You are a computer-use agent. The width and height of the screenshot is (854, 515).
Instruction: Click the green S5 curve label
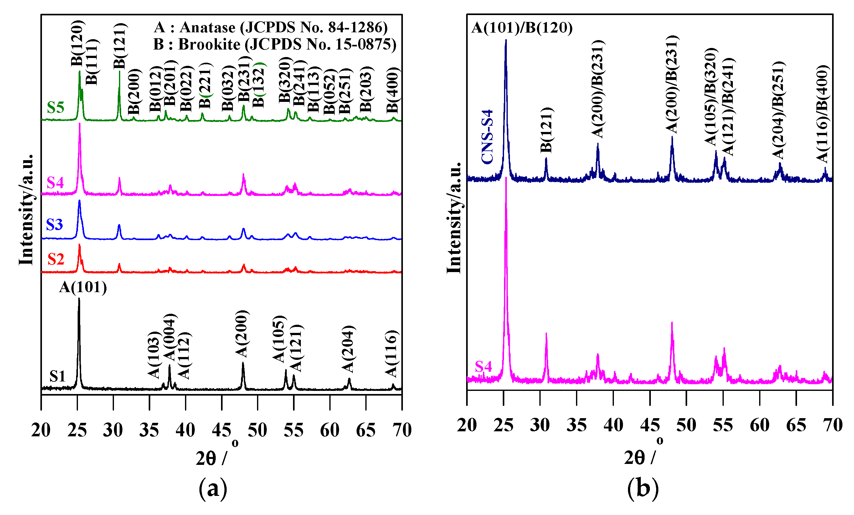(56, 108)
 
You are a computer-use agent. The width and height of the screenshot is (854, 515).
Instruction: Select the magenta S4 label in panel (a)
(55, 182)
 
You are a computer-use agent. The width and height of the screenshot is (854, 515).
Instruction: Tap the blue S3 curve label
(54, 225)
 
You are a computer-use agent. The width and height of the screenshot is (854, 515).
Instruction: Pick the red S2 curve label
(56, 259)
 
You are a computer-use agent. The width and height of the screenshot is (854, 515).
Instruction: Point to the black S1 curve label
(57, 376)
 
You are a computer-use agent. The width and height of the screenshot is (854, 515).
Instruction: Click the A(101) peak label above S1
(83, 287)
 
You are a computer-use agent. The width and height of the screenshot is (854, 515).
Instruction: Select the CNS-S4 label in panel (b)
(487, 137)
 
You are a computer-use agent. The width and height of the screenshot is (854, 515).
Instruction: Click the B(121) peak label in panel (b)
(547, 130)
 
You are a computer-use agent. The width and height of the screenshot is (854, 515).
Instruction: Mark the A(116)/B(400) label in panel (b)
(822, 114)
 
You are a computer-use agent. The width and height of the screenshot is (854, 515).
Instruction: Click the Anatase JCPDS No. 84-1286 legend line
(271, 27)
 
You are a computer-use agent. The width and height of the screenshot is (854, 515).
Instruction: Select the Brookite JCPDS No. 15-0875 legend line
(275, 45)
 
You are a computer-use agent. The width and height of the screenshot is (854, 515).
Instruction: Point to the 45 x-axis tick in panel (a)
(221, 430)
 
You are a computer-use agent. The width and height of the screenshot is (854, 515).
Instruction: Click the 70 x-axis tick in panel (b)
(832, 425)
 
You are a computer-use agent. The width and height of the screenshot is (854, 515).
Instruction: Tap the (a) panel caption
(213, 489)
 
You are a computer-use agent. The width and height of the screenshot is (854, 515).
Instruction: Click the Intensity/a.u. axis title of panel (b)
(454, 218)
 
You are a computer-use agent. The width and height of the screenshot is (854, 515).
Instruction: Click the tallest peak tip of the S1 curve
(79, 298)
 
